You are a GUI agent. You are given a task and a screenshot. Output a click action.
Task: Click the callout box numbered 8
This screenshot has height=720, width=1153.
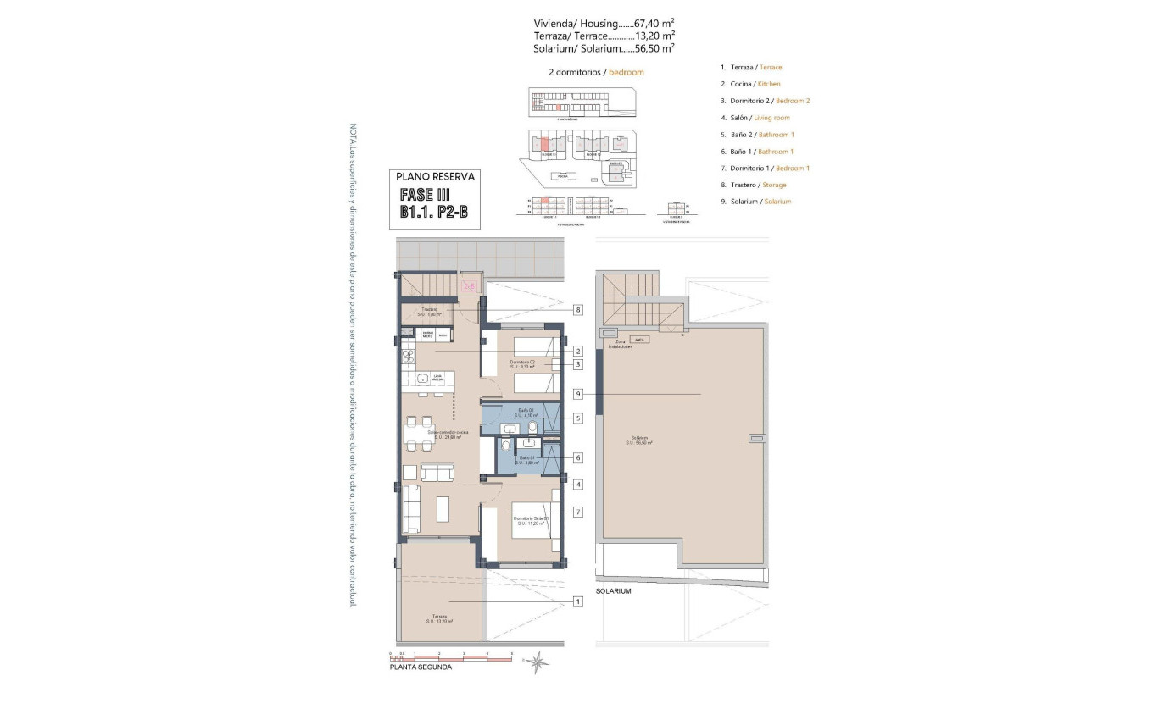point(577,310)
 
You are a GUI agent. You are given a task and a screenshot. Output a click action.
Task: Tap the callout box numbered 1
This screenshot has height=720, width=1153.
point(577,602)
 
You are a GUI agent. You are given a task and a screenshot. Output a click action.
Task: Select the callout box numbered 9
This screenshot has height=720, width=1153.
point(577,394)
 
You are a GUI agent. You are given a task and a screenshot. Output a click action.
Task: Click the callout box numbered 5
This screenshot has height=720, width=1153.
point(577,418)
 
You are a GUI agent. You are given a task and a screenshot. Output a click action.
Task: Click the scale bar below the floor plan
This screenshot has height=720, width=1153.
point(451,656)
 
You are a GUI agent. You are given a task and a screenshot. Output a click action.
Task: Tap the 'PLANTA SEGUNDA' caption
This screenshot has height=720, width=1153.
point(421,667)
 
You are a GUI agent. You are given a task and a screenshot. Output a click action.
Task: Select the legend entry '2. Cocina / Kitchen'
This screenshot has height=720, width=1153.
point(750,84)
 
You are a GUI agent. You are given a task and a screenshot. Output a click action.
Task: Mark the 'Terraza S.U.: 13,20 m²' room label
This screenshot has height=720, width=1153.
point(438,618)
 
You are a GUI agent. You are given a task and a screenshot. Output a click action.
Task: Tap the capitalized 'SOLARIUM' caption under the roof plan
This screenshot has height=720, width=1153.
point(613,591)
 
